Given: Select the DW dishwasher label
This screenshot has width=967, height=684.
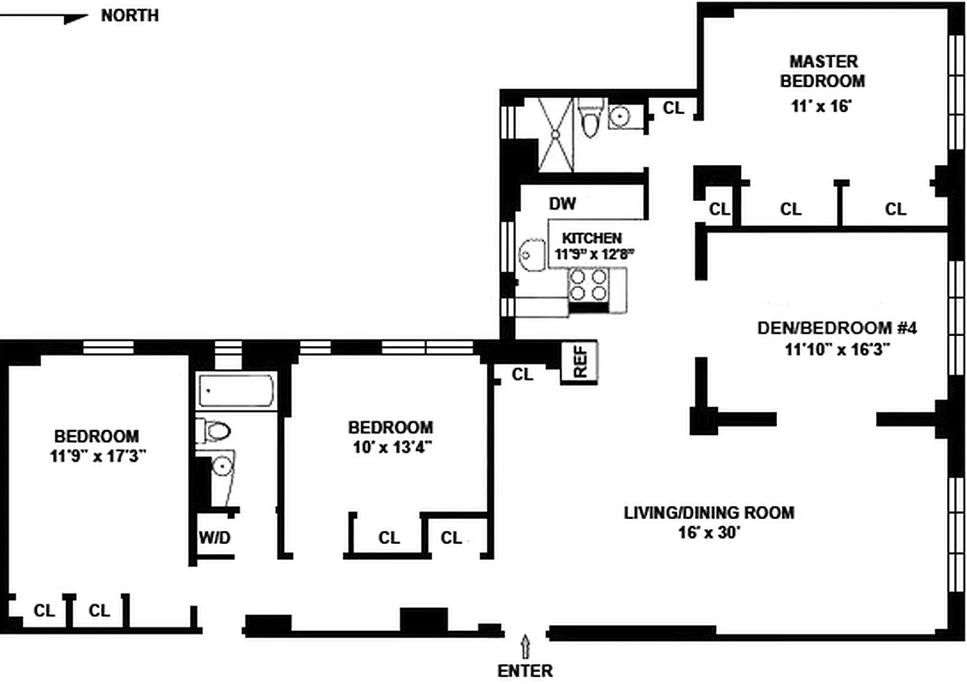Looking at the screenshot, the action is point(562,204).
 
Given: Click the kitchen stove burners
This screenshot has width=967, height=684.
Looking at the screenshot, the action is point(588,286).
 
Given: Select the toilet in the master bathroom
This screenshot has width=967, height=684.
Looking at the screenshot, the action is point(590,121).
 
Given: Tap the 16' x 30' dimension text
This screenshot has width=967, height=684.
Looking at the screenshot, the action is point(709,533).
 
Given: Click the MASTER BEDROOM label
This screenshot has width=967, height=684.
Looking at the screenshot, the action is point(827,71).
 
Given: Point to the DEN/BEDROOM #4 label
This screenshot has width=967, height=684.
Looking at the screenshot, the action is point(837,327).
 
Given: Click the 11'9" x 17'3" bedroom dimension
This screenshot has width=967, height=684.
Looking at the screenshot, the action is point(98,456).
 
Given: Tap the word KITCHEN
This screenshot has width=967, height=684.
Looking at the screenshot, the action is point(591,238).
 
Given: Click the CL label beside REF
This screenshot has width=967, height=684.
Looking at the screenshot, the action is point(522,374).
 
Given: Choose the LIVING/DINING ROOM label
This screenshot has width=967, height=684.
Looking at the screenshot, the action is point(709,513).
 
